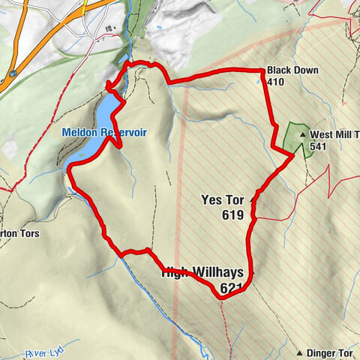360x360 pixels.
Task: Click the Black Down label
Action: click(x=292, y=70)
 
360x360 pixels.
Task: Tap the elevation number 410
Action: click(x=275, y=82)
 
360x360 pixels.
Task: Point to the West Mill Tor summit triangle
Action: click(x=304, y=135)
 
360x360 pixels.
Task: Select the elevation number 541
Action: click(x=316, y=147)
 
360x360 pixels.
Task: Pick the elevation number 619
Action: click(x=233, y=215)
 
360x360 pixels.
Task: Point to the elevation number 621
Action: click(x=232, y=288)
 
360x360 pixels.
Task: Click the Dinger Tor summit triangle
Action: click(x=300, y=352)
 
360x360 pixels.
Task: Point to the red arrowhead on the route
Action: click(x=109, y=84)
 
